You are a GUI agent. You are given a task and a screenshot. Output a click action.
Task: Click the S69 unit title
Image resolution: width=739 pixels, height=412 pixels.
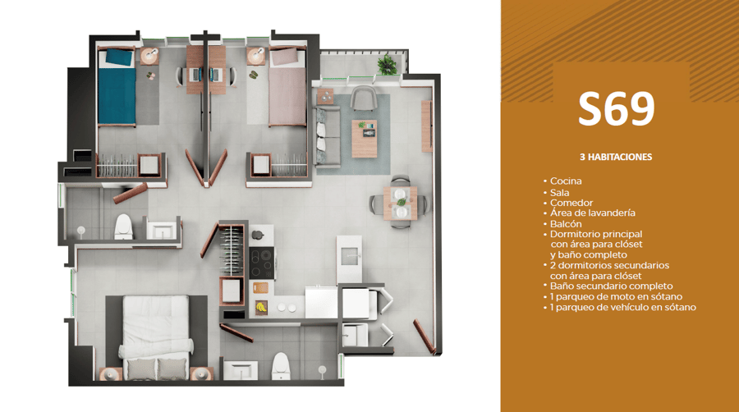coord(617,109)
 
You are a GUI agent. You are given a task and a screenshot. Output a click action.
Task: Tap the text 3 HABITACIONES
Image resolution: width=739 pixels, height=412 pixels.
coord(616,157)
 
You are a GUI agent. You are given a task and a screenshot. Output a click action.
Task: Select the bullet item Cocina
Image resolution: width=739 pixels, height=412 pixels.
coord(566,181)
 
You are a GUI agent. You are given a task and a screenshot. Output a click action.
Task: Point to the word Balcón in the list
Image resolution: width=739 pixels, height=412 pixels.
coord(566,224)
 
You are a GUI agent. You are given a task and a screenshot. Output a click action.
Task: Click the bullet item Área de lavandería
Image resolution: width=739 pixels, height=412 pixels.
coord(592,213)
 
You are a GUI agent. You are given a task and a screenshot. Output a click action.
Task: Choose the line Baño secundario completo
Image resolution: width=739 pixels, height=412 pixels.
coord(611,286)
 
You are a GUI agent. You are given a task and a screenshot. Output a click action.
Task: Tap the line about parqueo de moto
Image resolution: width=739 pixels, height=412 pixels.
coord(616,296)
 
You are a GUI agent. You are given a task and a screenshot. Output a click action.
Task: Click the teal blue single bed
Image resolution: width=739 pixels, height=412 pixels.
coord(117,88)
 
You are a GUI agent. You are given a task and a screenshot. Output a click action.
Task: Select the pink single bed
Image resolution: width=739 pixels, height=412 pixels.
coord(287,87)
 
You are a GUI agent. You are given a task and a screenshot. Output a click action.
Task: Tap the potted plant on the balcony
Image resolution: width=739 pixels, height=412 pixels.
coord(388,65)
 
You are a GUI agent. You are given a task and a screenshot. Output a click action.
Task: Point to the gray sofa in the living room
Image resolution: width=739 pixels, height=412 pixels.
coord(327,137)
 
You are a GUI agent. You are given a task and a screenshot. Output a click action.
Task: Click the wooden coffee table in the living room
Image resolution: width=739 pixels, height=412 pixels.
coord(365,139)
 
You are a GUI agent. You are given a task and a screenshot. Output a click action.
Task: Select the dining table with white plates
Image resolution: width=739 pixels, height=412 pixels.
coord(400,203)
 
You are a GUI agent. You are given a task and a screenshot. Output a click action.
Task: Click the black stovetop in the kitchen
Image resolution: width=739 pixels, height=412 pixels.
coord(262,263)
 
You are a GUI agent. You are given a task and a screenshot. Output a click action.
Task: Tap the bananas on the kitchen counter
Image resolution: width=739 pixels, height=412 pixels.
coord(260,308)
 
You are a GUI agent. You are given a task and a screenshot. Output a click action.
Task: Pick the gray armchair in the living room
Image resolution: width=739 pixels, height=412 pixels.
coord(364,98)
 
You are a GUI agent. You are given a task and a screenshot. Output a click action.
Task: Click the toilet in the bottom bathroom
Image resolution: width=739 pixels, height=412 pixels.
coord(281,366)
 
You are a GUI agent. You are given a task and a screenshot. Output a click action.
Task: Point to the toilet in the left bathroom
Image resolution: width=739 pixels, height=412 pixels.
coord(123,227)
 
